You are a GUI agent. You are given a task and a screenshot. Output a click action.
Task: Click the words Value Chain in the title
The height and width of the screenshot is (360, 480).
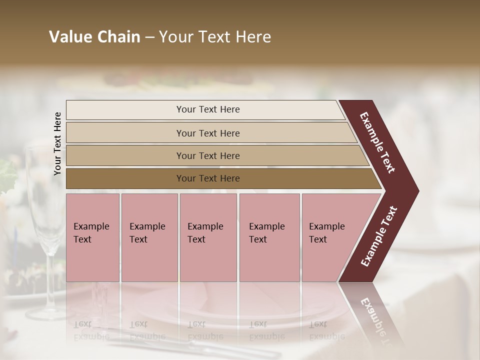(94, 37)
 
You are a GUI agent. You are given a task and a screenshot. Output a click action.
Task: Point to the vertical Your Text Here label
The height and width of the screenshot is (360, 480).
(57, 143)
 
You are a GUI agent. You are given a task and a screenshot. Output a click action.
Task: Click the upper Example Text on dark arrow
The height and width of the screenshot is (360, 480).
(378, 142)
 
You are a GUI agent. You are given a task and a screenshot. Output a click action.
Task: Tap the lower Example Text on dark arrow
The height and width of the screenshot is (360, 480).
(379, 236)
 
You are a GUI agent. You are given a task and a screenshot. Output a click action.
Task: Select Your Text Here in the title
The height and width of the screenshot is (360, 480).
(215, 37)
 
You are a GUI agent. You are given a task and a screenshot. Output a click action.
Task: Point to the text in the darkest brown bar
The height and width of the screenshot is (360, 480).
(208, 178)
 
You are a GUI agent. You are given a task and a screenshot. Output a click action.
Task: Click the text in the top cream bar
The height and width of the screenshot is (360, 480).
(208, 109)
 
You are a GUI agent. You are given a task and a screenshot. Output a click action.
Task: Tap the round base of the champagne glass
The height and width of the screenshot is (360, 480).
(47, 313)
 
